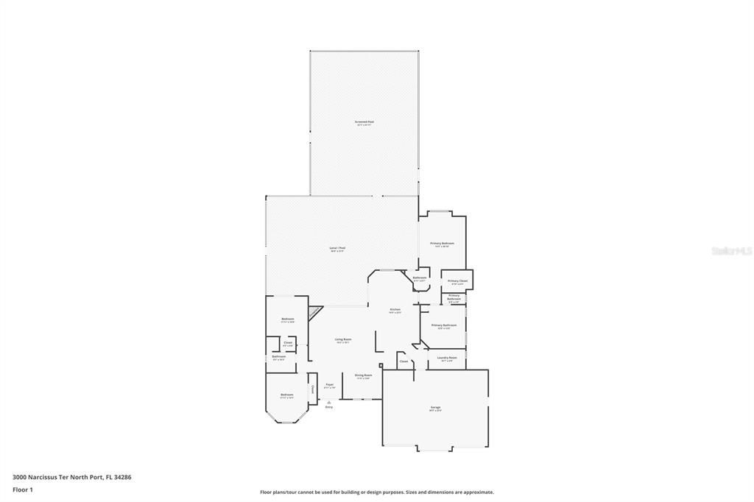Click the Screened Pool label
(x=364, y=122)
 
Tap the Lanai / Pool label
(x=337, y=249)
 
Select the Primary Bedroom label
(x=442, y=244)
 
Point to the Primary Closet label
(x=457, y=281)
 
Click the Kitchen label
(x=395, y=310)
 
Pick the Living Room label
(x=343, y=340)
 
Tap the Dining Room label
(x=363, y=375)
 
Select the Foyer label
(x=329, y=385)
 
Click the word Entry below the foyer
(x=329, y=407)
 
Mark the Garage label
(x=435, y=408)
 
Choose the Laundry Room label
(x=447, y=358)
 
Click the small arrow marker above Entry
(x=329, y=401)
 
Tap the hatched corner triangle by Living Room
(x=314, y=312)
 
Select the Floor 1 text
(x=24, y=489)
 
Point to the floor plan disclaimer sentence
(x=376, y=492)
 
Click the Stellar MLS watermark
(x=731, y=251)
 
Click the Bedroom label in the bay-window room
(x=286, y=395)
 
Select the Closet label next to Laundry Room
(x=404, y=361)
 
